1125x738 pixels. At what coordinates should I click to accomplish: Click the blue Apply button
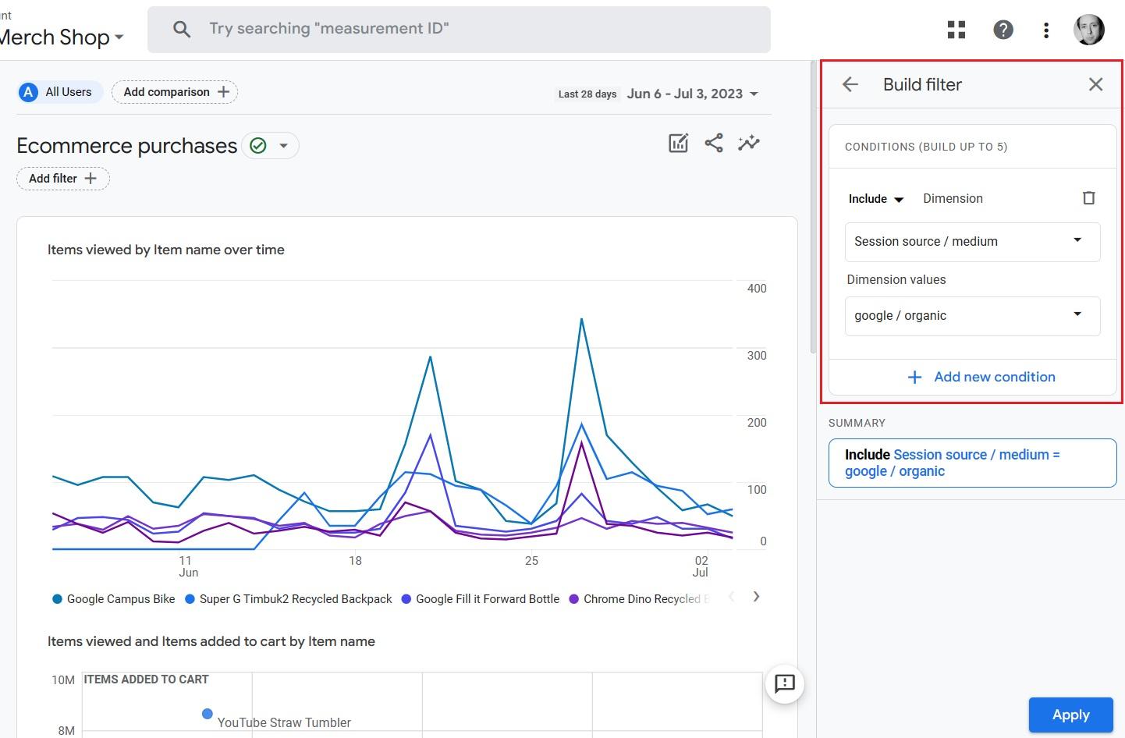click(x=1070, y=715)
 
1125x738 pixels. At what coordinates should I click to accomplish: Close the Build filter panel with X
click(x=1095, y=84)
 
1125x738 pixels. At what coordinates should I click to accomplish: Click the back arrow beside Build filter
click(x=850, y=84)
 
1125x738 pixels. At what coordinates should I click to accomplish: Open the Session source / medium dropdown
click(x=972, y=242)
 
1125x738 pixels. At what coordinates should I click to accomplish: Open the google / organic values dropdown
click(x=972, y=316)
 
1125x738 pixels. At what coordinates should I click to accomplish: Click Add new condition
click(x=981, y=377)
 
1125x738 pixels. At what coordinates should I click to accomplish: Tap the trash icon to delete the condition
click(x=1088, y=198)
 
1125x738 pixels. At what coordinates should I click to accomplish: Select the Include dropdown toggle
click(x=875, y=199)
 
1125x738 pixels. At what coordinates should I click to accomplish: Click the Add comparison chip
click(x=175, y=92)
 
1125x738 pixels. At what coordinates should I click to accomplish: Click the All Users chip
click(x=59, y=92)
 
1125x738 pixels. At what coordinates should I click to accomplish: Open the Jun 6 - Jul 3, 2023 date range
click(x=691, y=94)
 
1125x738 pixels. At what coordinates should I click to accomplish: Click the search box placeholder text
click(x=328, y=29)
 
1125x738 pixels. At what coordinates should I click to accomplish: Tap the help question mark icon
click(x=1003, y=30)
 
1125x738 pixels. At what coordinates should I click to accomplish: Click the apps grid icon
click(x=956, y=30)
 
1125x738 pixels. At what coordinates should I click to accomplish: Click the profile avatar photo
click(x=1088, y=30)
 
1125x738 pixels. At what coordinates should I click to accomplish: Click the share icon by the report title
click(x=713, y=143)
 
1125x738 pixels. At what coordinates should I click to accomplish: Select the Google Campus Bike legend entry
click(x=114, y=599)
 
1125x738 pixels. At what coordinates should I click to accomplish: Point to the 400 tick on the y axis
click(x=756, y=289)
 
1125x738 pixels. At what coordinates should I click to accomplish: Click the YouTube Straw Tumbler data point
click(x=208, y=714)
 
